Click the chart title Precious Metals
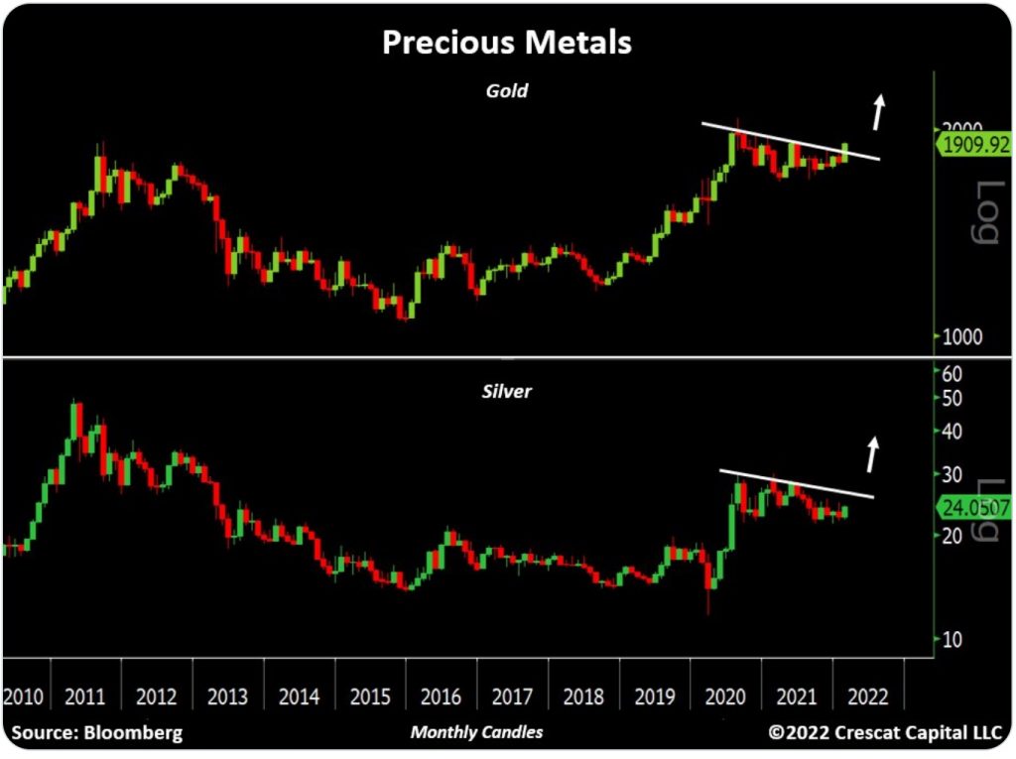pos(506,44)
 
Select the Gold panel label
pos(506,90)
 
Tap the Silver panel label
pos(506,391)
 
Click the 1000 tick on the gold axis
pos(960,337)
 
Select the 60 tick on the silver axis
pos(952,374)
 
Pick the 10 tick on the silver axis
pos(952,639)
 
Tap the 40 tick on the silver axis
pos(952,432)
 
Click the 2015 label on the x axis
pos(370,696)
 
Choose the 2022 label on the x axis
pos(869,696)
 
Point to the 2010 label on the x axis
pos(24,696)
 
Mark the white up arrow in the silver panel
pos(872,454)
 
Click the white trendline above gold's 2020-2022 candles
pos(790,141)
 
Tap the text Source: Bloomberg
pos(96,733)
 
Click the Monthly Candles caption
pos(477,732)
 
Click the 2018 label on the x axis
pos(583,696)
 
